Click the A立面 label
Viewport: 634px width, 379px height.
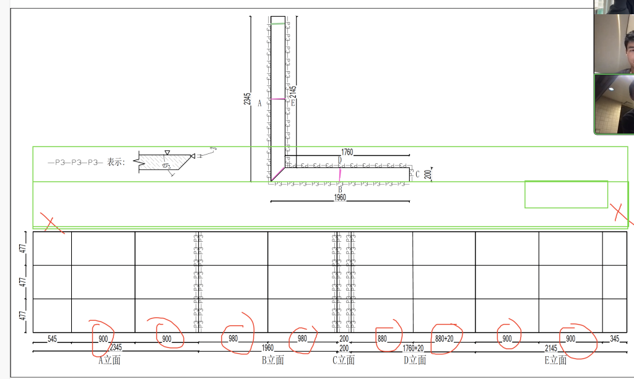(x=109, y=360)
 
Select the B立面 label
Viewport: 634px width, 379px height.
(x=272, y=360)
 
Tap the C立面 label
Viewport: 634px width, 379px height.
(x=344, y=360)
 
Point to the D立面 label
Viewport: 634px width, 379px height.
(x=415, y=360)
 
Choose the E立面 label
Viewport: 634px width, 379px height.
(x=555, y=360)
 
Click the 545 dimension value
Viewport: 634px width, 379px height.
(x=52, y=339)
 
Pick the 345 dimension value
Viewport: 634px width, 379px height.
(x=614, y=339)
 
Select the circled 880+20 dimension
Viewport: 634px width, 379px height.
(x=444, y=339)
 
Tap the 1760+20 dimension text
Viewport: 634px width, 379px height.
(x=414, y=349)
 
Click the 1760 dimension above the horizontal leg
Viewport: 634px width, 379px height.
(x=347, y=152)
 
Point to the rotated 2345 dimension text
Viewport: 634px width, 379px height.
(x=247, y=99)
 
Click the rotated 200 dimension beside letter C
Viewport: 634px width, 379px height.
(x=428, y=174)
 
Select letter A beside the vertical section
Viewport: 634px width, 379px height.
(x=260, y=103)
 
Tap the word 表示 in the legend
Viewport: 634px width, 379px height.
(x=116, y=163)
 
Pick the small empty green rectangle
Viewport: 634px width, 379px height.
(x=566, y=194)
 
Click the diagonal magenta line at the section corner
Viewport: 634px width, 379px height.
(x=278, y=174)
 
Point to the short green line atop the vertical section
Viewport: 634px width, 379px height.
(x=278, y=23)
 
